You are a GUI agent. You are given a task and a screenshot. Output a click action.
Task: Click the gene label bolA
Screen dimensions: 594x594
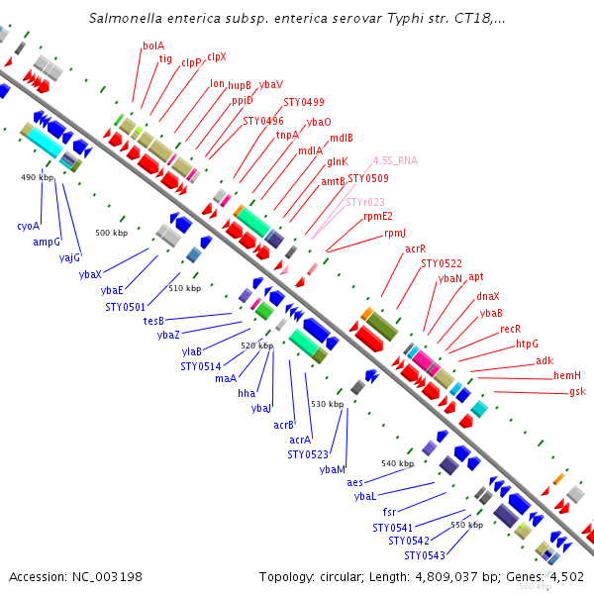[153, 46]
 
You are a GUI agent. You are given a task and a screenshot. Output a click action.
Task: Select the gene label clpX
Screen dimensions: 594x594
[216, 57]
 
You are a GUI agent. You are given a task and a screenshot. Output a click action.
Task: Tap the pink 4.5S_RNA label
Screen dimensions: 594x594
[395, 159]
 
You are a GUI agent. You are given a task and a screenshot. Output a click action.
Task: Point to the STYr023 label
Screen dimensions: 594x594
[365, 202]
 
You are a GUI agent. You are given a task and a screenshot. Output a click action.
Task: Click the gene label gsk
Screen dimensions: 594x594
[577, 392]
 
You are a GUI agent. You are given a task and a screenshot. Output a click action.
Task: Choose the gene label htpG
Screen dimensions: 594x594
[528, 345]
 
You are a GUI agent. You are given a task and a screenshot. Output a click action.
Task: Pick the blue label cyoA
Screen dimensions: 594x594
[29, 227]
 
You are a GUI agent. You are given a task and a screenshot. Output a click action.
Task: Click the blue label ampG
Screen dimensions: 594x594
[47, 242]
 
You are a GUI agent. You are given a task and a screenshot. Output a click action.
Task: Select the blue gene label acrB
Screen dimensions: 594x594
[284, 425]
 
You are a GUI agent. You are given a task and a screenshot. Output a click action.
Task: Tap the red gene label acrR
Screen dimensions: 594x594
[415, 249]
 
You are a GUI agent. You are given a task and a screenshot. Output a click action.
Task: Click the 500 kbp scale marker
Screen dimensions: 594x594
[111, 233]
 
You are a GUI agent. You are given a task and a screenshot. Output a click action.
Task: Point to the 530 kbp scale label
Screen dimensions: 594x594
[327, 404]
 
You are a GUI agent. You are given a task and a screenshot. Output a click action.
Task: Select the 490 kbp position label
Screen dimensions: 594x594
[37, 177]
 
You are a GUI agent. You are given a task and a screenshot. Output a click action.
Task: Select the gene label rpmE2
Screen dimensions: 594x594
[378, 217]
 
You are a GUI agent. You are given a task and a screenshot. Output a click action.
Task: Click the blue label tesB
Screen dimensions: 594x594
[153, 321]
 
